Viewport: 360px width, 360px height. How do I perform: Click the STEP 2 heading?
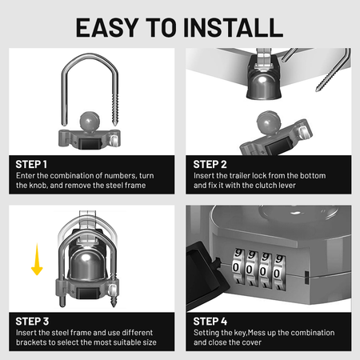(x=210, y=163)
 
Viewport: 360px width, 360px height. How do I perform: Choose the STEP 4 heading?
(x=210, y=321)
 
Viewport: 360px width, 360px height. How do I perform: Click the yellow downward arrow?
(x=36, y=261)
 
